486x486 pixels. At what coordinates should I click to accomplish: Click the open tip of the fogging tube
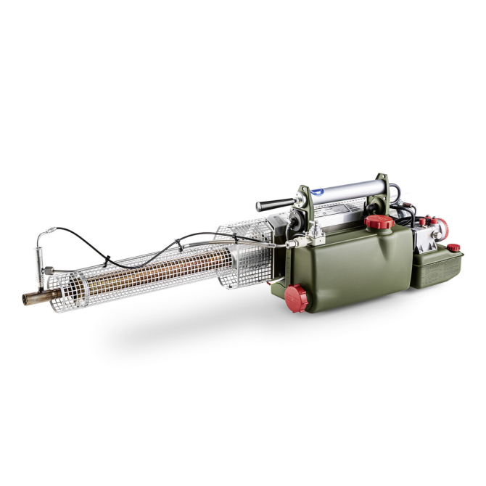[26, 299]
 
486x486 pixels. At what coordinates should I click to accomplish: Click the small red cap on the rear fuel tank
[454, 249]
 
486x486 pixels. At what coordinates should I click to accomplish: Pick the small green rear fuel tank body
[437, 268]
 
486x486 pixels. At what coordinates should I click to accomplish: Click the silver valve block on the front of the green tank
[315, 233]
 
